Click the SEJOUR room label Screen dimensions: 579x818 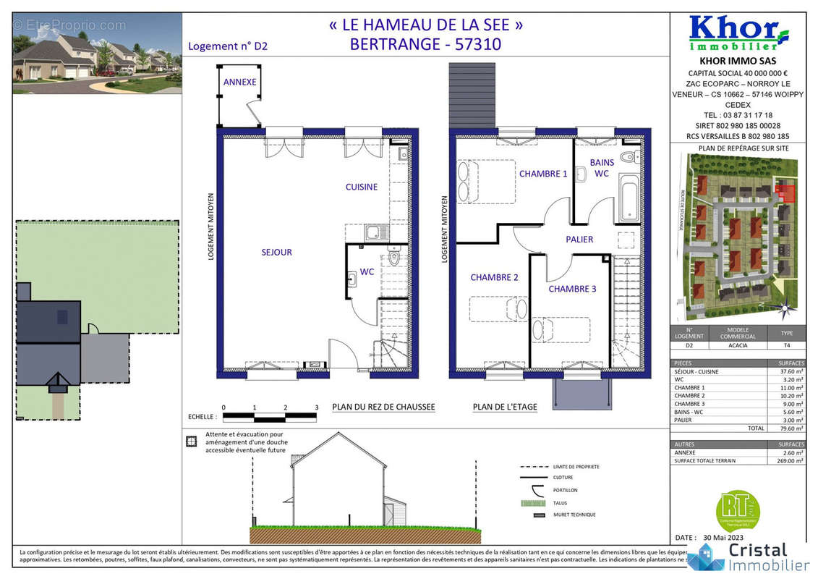(x=276, y=253)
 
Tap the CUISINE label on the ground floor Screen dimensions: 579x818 (x=361, y=187)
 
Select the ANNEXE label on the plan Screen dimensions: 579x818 (x=239, y=83)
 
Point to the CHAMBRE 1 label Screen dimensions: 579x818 (x=543, y=174)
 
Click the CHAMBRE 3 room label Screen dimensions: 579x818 (x=572, y=289)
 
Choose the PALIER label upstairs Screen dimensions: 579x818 (x=579, y=240)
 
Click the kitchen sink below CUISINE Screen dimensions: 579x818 (x=376, y=233)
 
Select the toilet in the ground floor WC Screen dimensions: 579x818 (x=393, y=258)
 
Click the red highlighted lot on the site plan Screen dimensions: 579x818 (x=784, y=193)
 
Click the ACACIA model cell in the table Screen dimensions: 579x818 (x=738, y=346)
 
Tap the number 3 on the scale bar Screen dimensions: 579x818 (x=317, y=407)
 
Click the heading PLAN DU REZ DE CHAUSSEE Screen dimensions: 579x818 (x=383, y=407)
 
